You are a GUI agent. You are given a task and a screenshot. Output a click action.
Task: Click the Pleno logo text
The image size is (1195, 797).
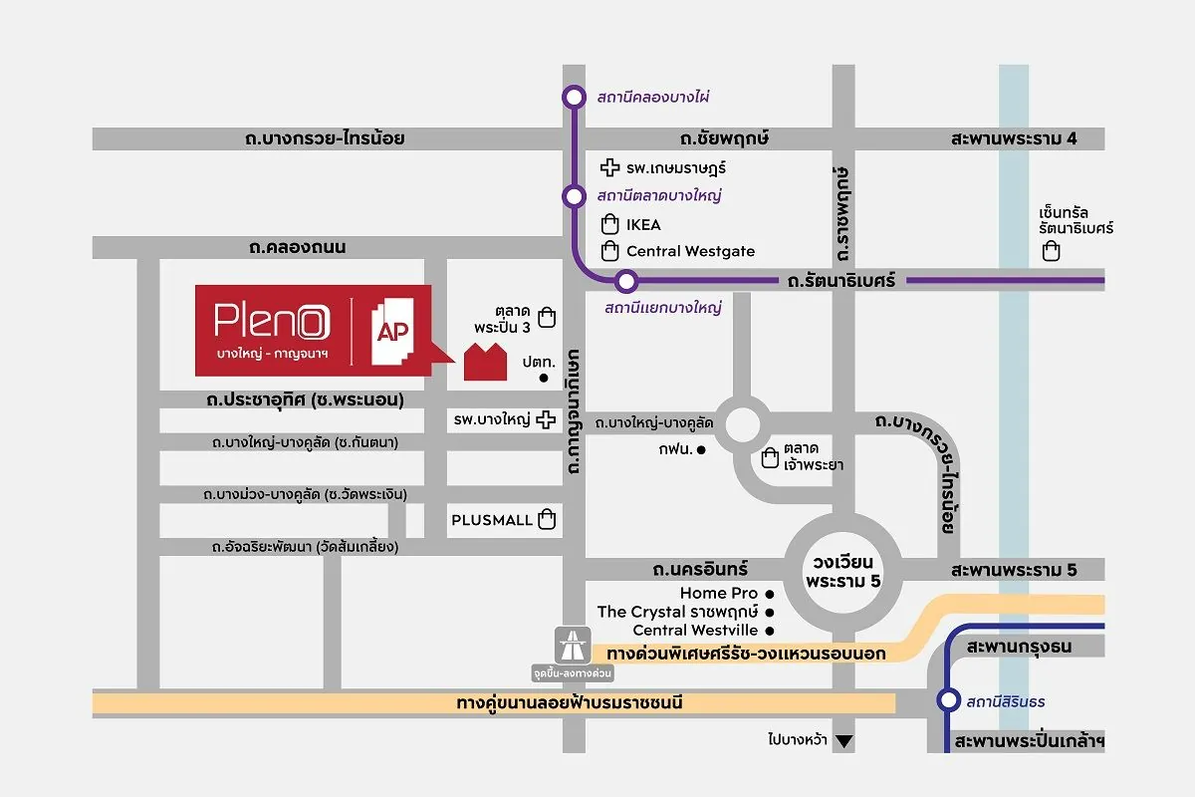click(x=267, y=320)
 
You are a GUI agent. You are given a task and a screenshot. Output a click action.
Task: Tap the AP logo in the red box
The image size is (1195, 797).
click(x=389, y=328)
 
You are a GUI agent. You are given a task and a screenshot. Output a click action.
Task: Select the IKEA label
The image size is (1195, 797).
click(x=642, y=225)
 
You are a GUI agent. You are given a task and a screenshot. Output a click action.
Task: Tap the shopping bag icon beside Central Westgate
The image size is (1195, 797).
click(x=609, y=251)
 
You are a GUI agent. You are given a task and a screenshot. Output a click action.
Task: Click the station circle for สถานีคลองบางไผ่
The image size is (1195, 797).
click(x=574, y=97)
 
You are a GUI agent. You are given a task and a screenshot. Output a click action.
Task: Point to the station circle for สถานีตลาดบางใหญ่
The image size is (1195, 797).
click(x=574, y=195)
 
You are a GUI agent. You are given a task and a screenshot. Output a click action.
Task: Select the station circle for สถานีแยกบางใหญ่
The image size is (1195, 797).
click(x=625, y=281)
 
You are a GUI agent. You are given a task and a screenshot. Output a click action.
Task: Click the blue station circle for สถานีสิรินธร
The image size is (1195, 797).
click(x=948, y=700)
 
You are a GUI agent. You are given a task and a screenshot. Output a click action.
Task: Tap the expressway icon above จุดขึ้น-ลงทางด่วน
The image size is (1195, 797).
click(x=573, y=642)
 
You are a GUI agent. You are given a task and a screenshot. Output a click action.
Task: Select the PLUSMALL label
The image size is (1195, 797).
click(x=491, y=520)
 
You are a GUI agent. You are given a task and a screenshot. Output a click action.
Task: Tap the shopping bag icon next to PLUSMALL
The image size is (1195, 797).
click(x=546, y=519)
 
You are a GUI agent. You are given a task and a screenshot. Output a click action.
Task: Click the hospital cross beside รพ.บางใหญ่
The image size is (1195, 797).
click(x=545, y=420)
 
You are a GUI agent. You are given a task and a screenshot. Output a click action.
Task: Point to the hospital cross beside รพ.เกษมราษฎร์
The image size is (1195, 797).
click(x=611, y=167)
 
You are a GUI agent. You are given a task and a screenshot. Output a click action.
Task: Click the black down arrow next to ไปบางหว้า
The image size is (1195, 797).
click(x=844, y=740)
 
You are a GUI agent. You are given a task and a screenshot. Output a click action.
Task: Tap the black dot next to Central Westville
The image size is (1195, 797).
click(x=770, y=631)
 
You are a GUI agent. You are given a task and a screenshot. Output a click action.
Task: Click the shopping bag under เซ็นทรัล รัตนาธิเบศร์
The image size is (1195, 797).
click(x=1051, y=251)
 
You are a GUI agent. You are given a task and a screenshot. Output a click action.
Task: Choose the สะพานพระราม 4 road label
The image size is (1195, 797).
click(x=1013, y=138)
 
